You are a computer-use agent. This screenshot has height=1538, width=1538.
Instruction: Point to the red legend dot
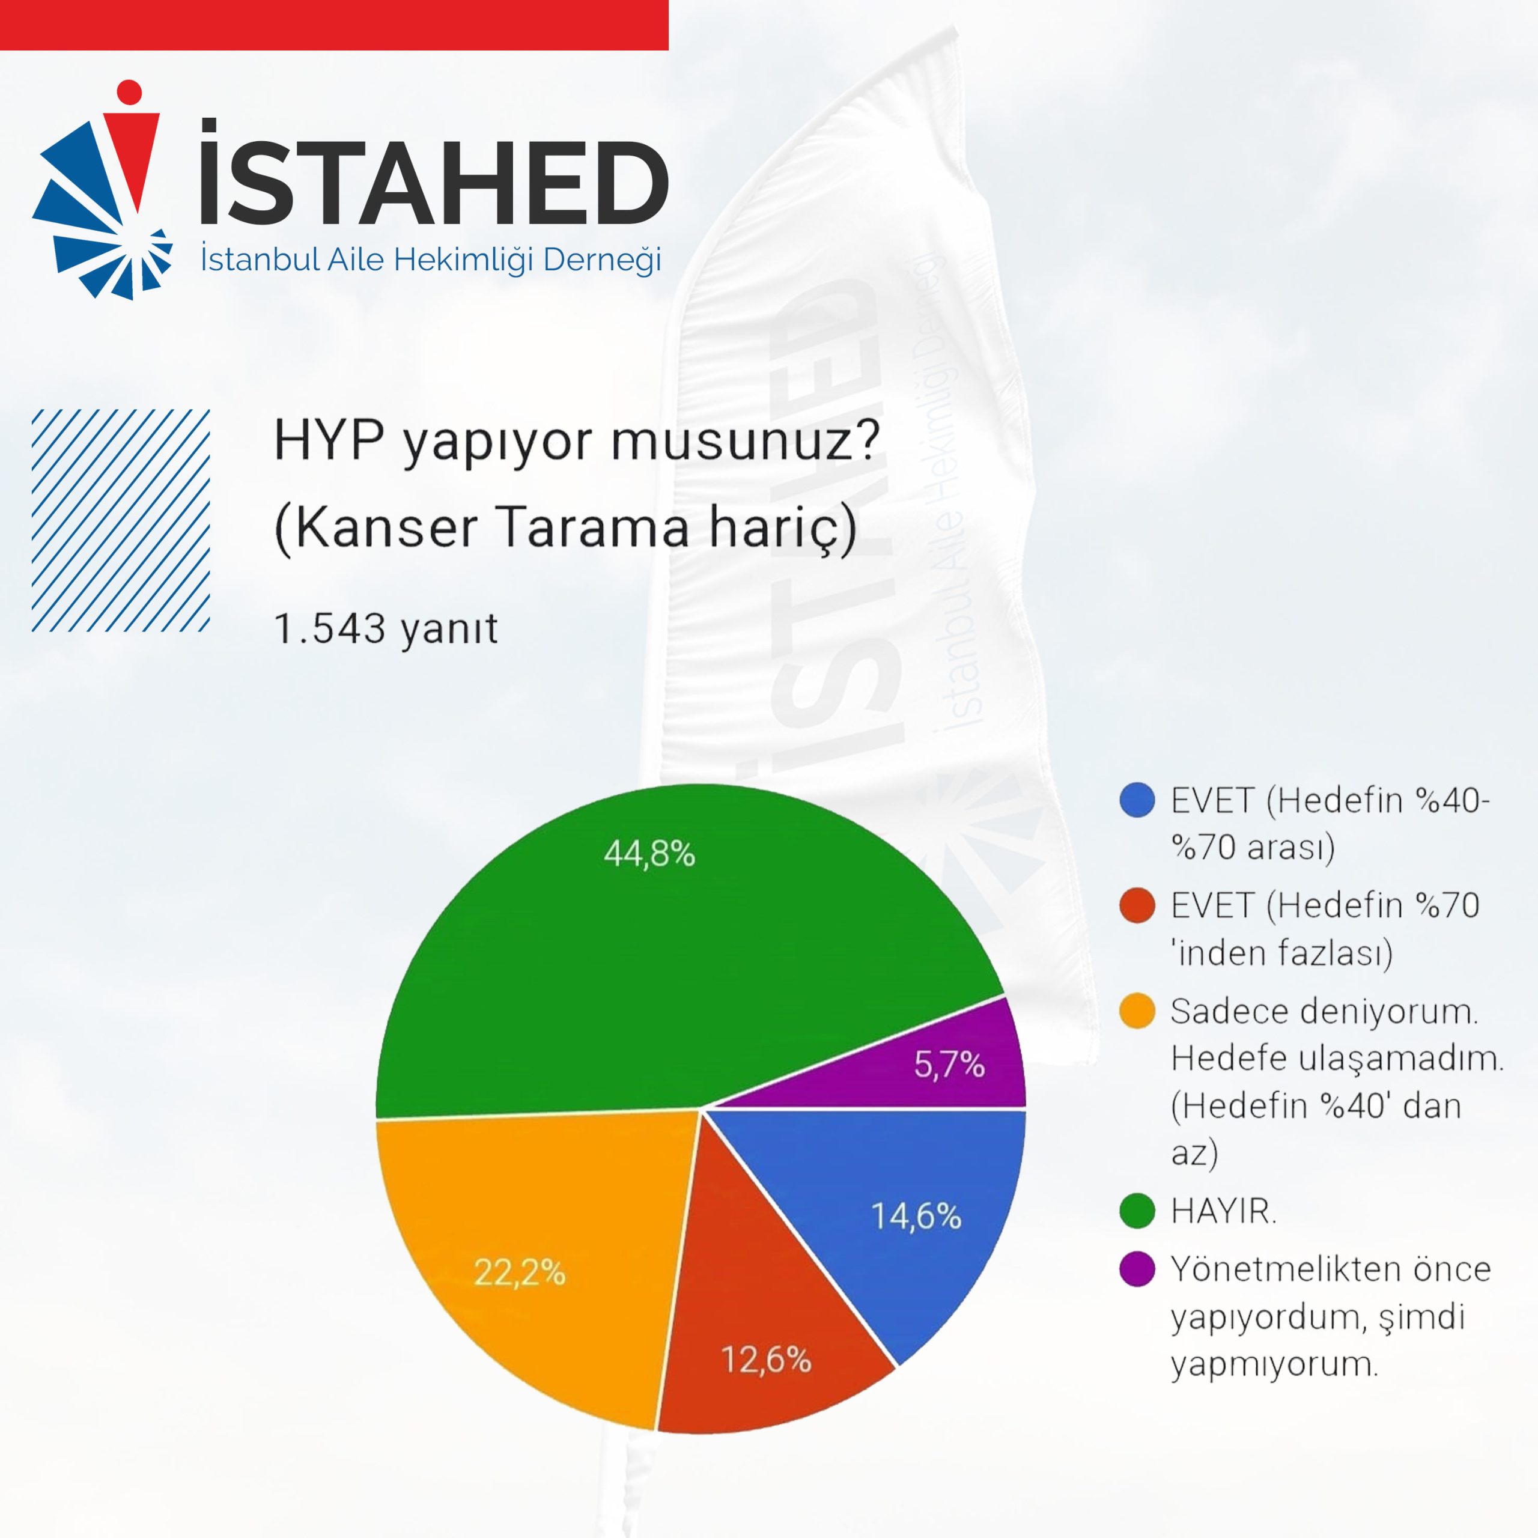(1137, 906)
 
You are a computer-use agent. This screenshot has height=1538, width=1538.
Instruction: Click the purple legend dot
(1137, 1269)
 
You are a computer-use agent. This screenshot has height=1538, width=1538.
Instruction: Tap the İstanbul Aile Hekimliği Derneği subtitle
(431, 259)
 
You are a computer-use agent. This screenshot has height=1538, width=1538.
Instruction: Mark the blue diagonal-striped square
(121, 521)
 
